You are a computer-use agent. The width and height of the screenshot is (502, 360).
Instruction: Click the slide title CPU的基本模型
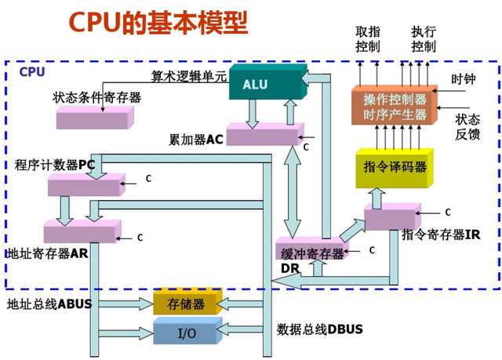(158, 23)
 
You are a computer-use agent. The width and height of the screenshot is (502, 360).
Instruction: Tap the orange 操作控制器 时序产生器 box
(395, 107)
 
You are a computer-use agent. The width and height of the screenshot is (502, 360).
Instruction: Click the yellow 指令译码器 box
(395, 167)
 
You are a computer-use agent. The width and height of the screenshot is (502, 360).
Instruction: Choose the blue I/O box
(185, 333)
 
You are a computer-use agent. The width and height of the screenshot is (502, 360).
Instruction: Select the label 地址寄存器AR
(47, 253)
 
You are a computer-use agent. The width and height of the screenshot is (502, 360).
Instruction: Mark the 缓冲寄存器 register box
(312, 252)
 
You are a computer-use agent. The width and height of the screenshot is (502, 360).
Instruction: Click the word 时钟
(463, 79)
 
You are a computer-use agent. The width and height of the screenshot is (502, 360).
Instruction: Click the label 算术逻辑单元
(188, 77)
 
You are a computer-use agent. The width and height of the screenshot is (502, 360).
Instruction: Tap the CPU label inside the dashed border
(32, 71)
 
